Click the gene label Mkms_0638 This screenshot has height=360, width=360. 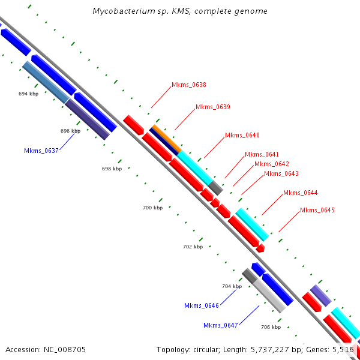189,85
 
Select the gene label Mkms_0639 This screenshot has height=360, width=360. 213,107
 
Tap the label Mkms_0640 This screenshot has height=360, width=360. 242,136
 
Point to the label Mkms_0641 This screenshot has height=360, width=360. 262,155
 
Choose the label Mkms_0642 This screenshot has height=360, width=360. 271,164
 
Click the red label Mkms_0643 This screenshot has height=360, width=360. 281,174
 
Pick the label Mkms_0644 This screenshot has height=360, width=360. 300,193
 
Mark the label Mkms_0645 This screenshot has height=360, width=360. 317,210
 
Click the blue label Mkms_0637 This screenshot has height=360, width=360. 41,151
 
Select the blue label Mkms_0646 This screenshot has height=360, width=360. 202,306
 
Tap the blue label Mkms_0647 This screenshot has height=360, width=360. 221,325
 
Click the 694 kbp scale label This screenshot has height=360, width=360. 28,94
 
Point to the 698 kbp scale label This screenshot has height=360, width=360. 112,169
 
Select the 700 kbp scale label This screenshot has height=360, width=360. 152,208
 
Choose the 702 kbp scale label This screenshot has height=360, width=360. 193,247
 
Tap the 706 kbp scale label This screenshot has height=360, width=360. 271,327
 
